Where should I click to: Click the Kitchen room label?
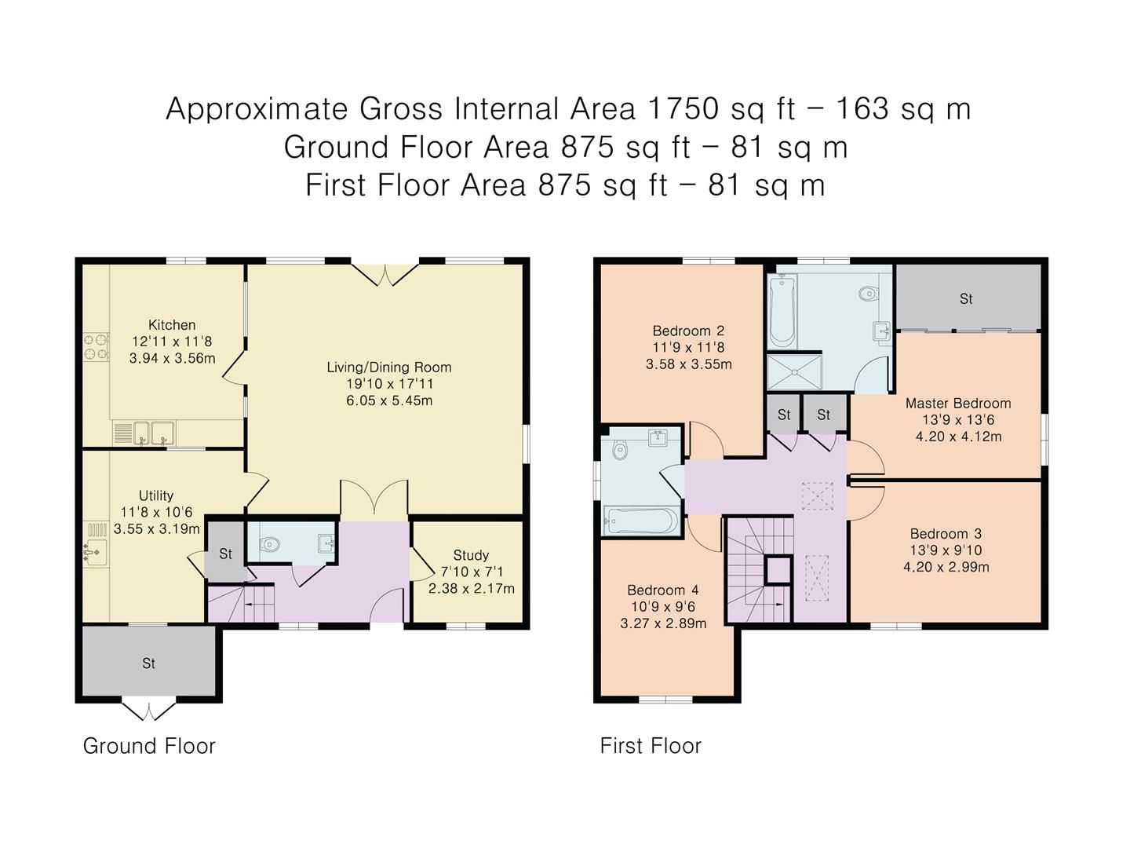point(172,325)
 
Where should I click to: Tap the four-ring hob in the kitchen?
point(96,348)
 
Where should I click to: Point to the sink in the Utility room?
point(95,553)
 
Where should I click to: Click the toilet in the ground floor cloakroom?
point(270,543)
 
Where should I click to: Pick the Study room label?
point(471,555)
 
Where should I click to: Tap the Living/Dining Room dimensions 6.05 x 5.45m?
point(389,400)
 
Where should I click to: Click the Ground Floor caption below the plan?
point(149,746)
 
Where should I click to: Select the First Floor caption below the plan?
point(651,746)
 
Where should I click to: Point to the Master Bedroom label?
point(958,404)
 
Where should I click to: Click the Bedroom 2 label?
point(688,331)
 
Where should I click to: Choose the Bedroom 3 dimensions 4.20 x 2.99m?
point(946,567)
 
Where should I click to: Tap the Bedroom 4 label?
point(663,590)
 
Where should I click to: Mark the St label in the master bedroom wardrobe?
point(966,299)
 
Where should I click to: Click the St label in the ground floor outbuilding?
point(148,664)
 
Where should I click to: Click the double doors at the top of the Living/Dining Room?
point(385,273)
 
